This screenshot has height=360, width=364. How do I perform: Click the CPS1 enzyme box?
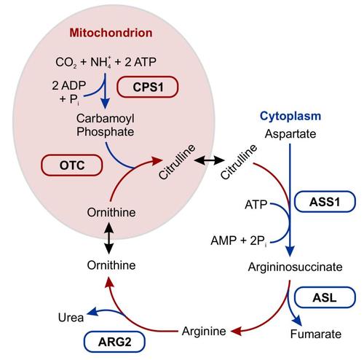point(148,87)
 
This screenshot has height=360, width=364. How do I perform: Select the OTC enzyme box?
point(72,165)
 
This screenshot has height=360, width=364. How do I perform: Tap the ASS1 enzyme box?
point(325,202)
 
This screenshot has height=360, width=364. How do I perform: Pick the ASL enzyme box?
point(325,297)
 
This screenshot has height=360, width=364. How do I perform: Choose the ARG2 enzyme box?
point(114,342)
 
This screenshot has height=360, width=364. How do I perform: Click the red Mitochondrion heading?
point(111,33)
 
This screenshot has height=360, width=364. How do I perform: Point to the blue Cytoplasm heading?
point(290,117)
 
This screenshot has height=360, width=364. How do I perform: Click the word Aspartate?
point(290,134)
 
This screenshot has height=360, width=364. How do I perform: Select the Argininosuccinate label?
point(295,267)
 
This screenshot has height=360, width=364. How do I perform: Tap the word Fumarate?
point(316,334)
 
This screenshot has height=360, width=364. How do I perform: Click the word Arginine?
point(204,331)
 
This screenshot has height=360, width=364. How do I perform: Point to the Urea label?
point(71,318)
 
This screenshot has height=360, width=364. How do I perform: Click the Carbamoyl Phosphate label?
point(106,125)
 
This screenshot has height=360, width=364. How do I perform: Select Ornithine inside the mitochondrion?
point(111,212)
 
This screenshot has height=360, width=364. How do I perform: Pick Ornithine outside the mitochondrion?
point(111,265)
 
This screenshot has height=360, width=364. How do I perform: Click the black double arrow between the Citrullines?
point(209,160)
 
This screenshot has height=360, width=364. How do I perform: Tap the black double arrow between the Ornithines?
point(109,238)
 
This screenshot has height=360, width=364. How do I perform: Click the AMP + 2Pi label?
point(239,241)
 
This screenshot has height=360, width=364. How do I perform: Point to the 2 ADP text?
point(69,85)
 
